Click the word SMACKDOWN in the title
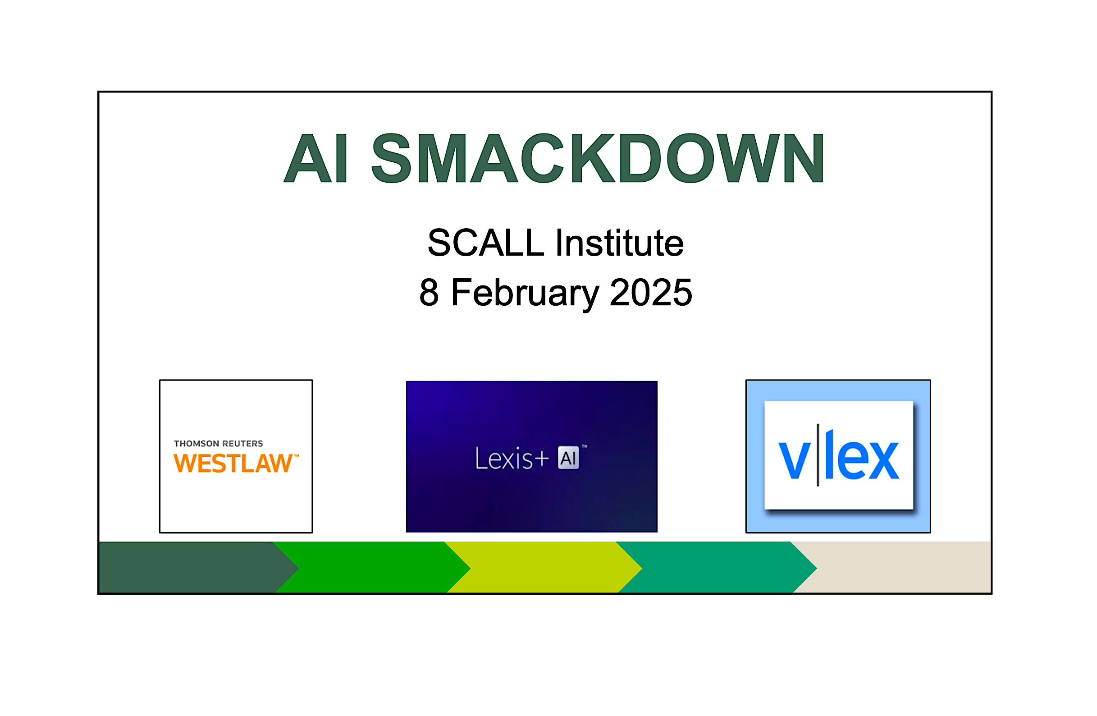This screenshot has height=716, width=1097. (x=598, y=158)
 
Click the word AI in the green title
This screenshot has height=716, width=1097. (x=316, y=158)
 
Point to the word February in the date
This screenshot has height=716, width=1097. (x=526, y=294)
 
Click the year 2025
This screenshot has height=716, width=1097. (x=651, y=292)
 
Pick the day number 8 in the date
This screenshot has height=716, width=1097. (x=429, y=292)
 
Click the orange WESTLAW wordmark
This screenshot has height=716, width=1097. (x=233, y=464)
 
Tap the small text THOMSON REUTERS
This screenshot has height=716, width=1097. (x=219, y=444)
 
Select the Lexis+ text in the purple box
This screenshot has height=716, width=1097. (x=512, y=459)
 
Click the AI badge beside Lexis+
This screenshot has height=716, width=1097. (x=568, y=458)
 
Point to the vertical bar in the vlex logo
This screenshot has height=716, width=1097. (x=818, y=455)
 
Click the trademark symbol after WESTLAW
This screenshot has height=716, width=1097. (x=297, y=456)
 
